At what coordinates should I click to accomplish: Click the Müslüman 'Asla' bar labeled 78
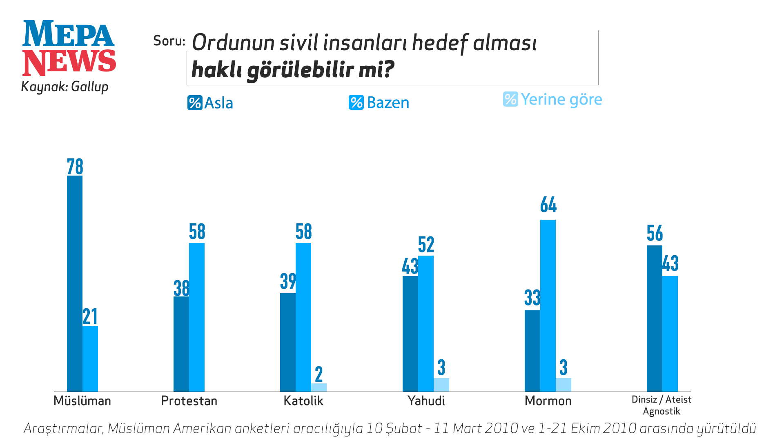75,283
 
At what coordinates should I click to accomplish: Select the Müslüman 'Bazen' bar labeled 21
90,359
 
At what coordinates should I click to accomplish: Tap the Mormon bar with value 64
548,305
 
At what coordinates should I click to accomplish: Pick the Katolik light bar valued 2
319,388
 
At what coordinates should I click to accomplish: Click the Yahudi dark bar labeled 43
410,334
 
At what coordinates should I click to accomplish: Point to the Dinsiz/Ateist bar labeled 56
655,318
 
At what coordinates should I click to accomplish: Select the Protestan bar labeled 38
181,344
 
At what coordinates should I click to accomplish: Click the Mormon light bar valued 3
563,385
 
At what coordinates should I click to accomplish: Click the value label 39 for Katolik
288,281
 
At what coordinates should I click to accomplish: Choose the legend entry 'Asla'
210,103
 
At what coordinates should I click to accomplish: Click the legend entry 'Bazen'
379,102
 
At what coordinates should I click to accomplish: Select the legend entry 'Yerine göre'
552,100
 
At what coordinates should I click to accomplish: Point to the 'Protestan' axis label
189,401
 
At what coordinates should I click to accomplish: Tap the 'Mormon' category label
548,401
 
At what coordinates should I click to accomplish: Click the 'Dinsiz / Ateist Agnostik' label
661,405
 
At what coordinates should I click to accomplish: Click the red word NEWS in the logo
69,62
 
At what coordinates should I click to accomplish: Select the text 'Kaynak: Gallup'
65,87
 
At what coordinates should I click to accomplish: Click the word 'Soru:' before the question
169,41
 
